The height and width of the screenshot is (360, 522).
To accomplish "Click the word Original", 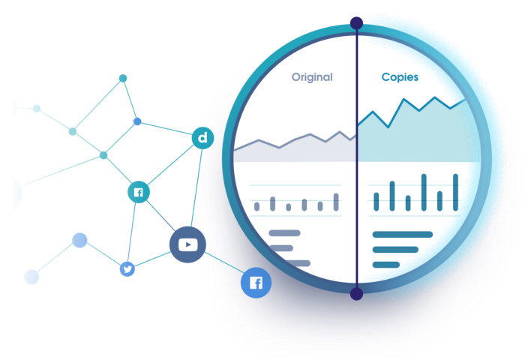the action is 312,77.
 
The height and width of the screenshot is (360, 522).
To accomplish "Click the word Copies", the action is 400,77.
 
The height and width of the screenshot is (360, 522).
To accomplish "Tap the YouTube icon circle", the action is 187,244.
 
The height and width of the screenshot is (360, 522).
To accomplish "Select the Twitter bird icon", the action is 127,268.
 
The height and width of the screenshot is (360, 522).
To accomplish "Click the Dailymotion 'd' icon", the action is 202,138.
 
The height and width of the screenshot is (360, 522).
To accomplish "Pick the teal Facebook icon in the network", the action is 139,192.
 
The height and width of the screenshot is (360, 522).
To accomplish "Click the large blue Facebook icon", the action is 256,283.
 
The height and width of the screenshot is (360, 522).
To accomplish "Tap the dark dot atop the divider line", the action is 356,23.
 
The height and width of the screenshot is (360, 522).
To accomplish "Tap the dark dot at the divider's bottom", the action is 356,294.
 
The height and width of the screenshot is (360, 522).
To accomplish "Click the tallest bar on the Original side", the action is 336,202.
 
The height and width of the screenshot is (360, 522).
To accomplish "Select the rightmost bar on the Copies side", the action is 455,193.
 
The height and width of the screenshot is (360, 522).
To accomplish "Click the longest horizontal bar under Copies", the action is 403,235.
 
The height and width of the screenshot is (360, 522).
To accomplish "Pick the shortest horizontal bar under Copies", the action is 386,265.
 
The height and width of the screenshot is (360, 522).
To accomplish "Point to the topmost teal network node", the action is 123,78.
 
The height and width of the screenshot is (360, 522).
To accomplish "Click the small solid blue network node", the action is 137,121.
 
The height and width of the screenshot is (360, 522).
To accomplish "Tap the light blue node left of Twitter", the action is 79,240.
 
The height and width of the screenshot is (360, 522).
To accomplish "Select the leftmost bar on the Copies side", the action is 376,202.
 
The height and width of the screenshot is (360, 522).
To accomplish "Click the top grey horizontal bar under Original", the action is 285,233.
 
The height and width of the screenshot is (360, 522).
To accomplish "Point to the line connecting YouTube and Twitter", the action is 152,259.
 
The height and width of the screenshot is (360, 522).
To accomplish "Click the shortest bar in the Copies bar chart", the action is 408,203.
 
